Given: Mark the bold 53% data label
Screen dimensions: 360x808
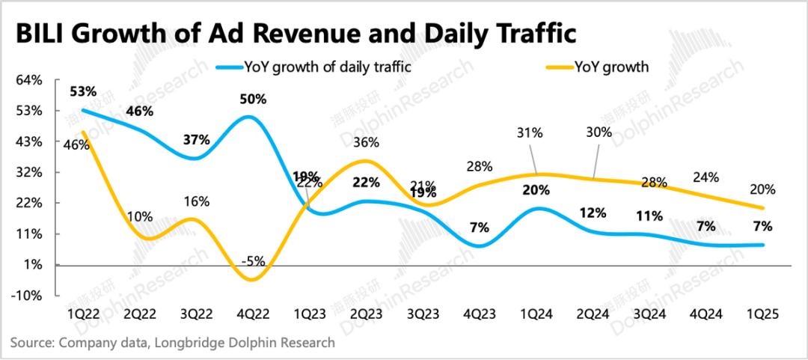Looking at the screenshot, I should (82, 92).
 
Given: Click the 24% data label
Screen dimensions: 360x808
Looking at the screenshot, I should (706, 177).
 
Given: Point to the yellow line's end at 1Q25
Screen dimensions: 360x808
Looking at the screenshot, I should (763, 208).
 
